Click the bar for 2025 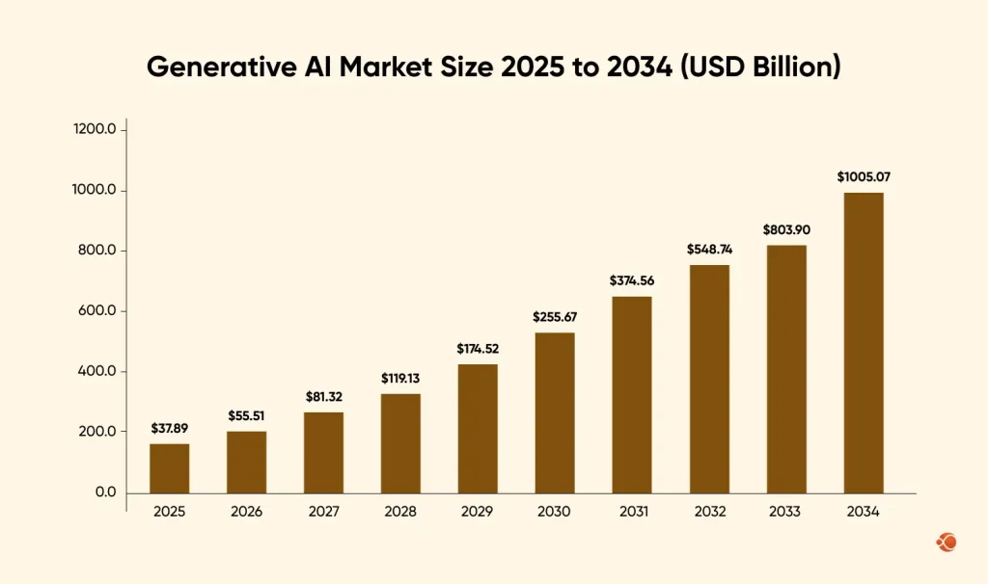tap(169, 468)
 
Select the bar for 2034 tap(864, 343)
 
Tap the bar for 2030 tap(555, 412)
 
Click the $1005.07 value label tap(864, 177)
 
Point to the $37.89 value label tap(169, 428)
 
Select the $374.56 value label tap(632, 280)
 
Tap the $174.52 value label tap(478, 348)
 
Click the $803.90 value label tap(786, 229)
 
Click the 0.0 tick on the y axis tap(105, 492)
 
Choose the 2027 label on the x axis tap(323, 512)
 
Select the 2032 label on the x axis tap(709, 512)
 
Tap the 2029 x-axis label tap(478, 512)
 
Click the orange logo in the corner tap(946, 543)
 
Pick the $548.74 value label tap(709, 249)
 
